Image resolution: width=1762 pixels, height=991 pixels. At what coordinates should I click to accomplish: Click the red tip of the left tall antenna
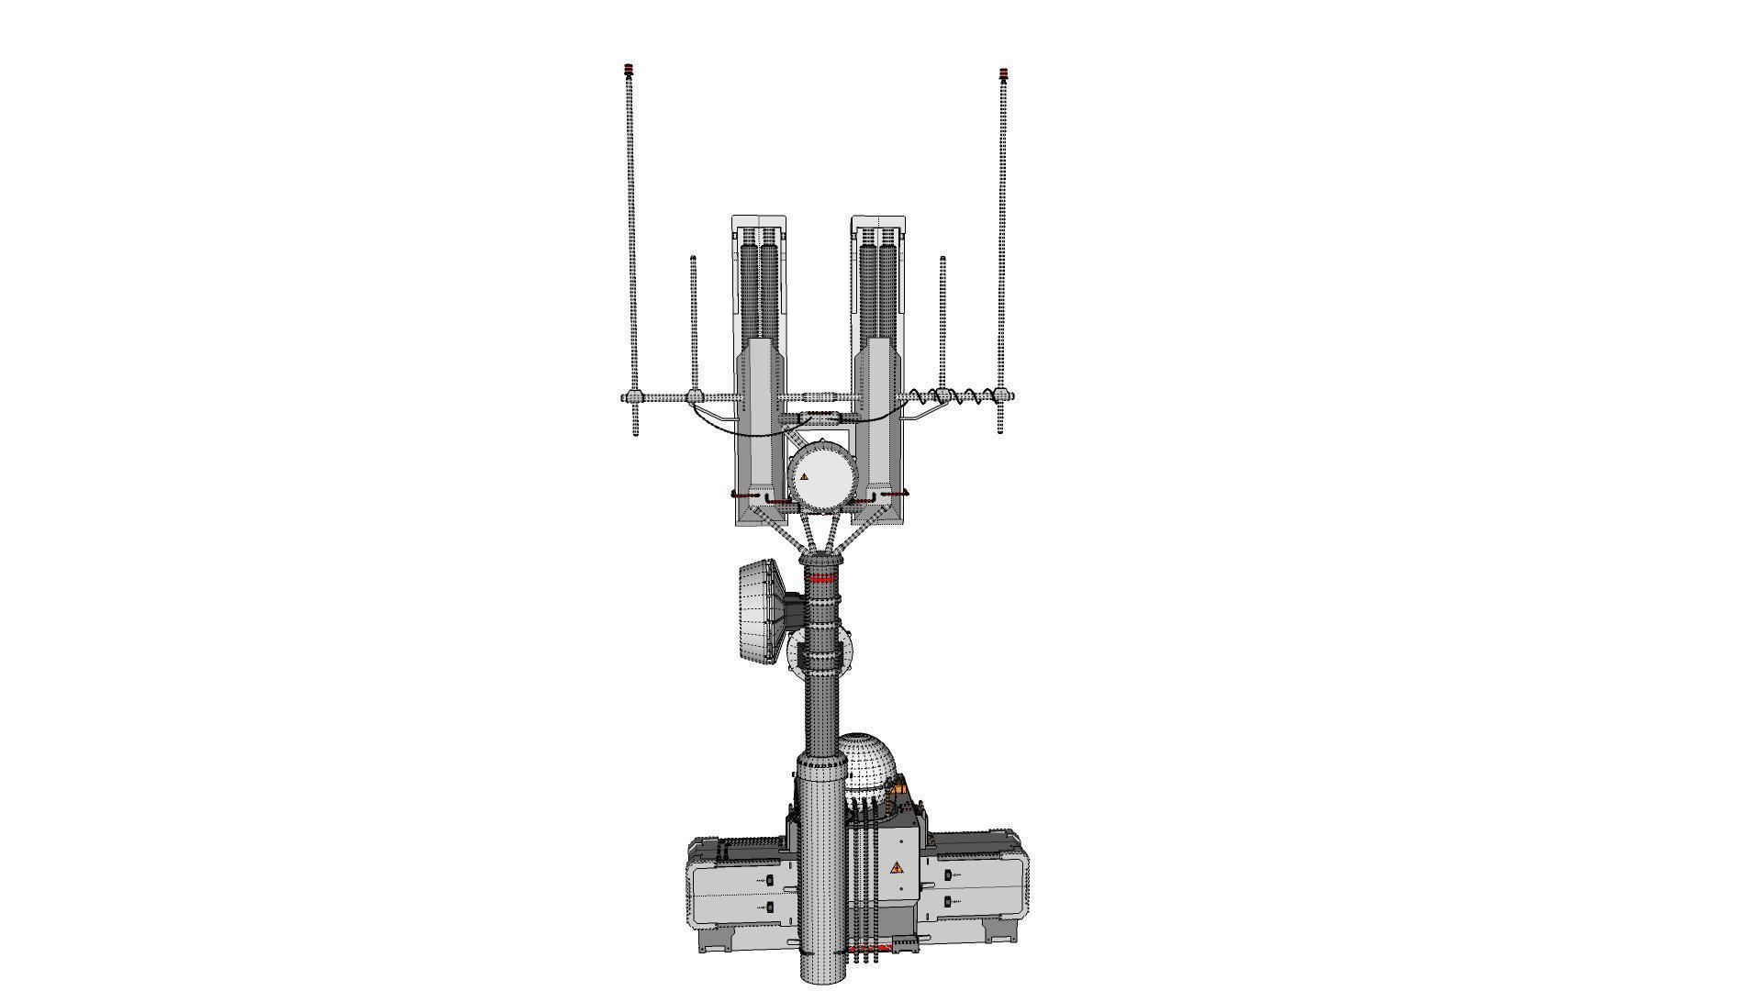pos(629,70)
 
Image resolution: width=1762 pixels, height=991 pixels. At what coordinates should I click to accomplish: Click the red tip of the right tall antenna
pos(1003,73)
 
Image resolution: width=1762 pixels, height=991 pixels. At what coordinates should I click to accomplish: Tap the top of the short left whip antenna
pos(693,260)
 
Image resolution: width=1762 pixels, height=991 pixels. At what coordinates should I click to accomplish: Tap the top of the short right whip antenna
pos(942,260)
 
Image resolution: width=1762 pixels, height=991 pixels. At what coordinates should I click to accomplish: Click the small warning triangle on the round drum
pos(805,477)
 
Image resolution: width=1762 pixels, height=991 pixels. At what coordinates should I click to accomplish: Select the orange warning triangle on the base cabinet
pos(897,867)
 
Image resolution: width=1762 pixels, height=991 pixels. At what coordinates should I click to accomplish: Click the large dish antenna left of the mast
pos(758,610)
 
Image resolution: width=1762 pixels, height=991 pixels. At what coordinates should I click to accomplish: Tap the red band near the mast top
pos(820,579)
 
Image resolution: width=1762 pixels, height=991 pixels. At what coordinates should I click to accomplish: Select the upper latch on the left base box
pos(769,880)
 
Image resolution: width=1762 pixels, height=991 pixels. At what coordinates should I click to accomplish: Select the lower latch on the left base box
pos(769,907)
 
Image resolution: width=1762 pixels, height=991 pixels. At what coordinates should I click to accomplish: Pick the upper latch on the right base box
pos(948,875)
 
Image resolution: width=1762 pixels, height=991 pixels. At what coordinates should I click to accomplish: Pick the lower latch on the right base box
pos(948,902)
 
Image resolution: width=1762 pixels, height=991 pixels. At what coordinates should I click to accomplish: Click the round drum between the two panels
pos(823,475)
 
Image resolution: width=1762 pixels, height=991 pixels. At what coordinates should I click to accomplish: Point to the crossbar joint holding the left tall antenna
pos(632,397)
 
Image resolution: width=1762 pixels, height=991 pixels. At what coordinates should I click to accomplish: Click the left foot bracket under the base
pos(717,937)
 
